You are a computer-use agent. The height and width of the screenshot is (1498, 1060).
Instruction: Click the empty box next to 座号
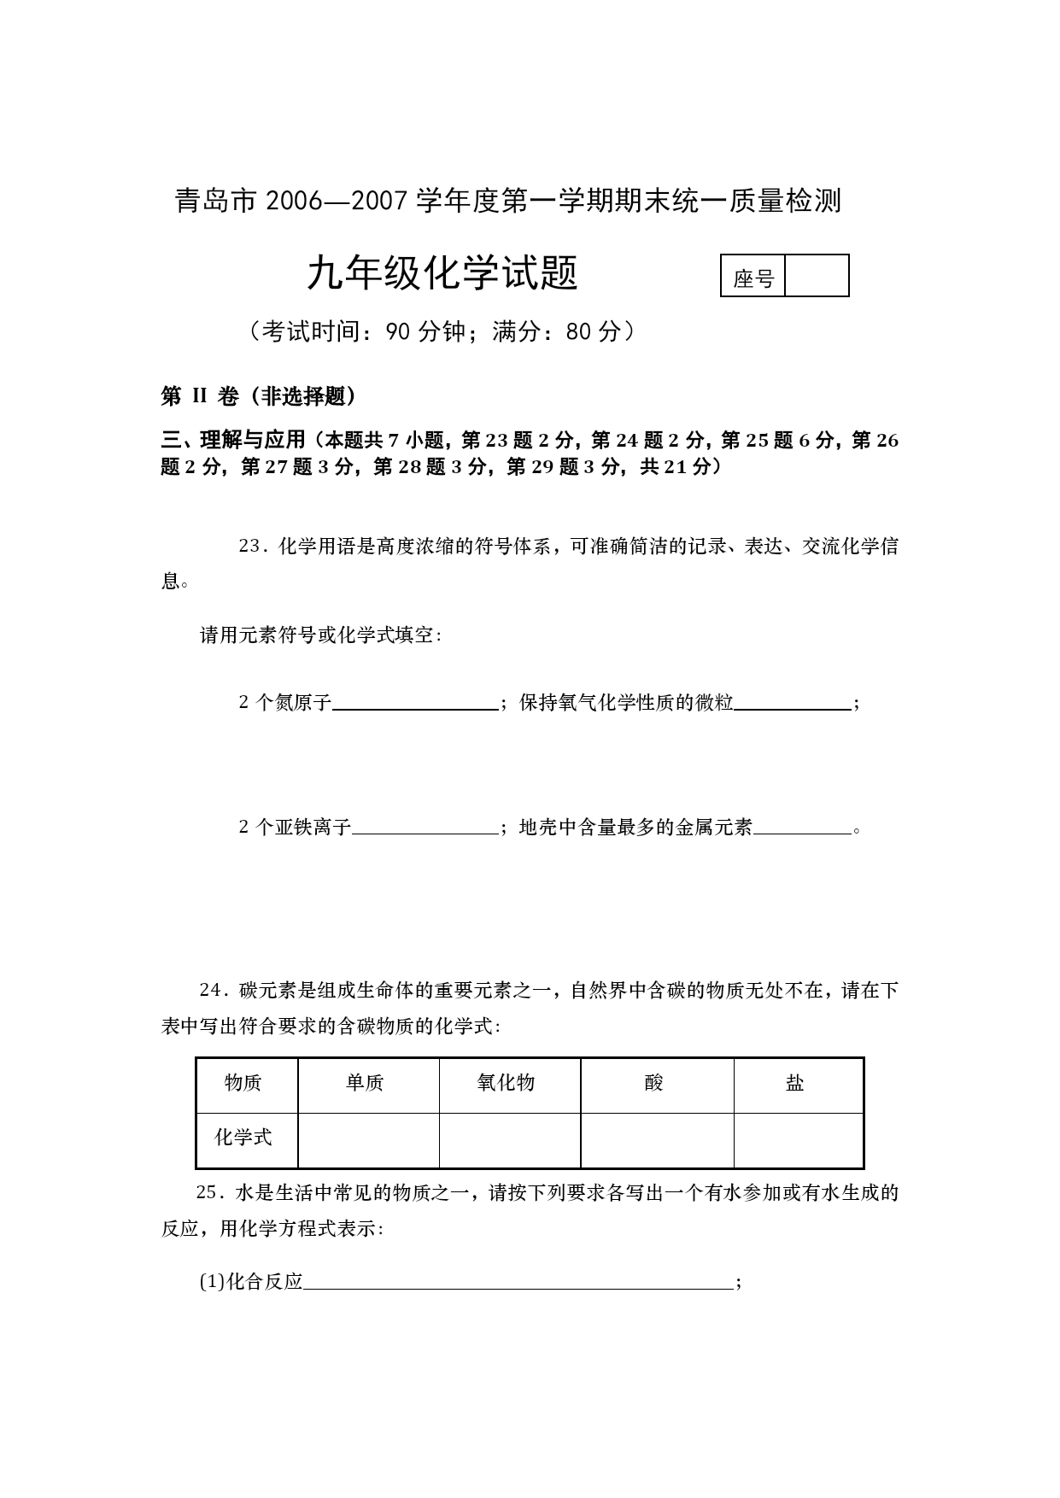tap(817, 276)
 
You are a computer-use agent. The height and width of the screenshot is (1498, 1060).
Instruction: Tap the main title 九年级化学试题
tap(442, 274)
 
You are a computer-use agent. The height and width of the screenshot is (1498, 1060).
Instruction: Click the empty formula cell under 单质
tap(368, 1140)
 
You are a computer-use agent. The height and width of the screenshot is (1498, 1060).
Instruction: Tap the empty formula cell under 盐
tap(798, 1140)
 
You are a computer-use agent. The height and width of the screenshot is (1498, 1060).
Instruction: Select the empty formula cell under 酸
tap(656, 1140)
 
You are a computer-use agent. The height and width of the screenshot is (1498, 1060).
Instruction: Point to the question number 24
tap(210, 991)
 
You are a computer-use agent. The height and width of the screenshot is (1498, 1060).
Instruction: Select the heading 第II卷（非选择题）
tap(258, 396)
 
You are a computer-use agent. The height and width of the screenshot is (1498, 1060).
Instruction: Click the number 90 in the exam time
tap(399, 332)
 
